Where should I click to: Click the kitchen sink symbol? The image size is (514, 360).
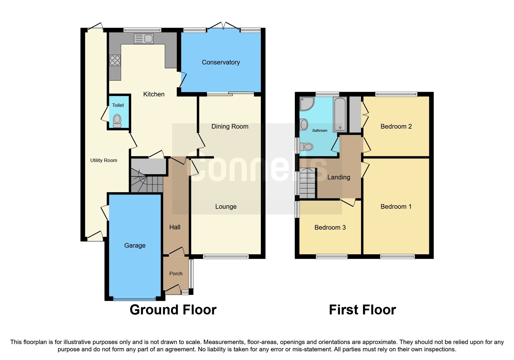144,39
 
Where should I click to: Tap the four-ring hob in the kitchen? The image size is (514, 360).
115,60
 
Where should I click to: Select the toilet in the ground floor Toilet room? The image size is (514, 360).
117,120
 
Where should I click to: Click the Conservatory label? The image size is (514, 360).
221,62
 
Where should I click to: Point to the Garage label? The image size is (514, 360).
135,245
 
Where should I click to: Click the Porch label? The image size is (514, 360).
176,273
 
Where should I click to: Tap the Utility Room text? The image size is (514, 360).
104,160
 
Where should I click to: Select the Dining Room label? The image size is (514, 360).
230,126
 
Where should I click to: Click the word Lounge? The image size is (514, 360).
226,206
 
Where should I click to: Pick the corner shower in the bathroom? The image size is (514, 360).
306,104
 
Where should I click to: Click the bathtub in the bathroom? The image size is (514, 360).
340,115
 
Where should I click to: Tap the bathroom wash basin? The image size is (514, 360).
304,125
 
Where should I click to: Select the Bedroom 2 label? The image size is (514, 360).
396,126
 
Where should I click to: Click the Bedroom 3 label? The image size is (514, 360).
330,227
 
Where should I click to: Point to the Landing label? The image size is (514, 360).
338,177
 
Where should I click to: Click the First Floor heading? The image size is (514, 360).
362,310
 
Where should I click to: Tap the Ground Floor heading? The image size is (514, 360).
173,310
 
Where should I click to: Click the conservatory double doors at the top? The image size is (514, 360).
223,26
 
